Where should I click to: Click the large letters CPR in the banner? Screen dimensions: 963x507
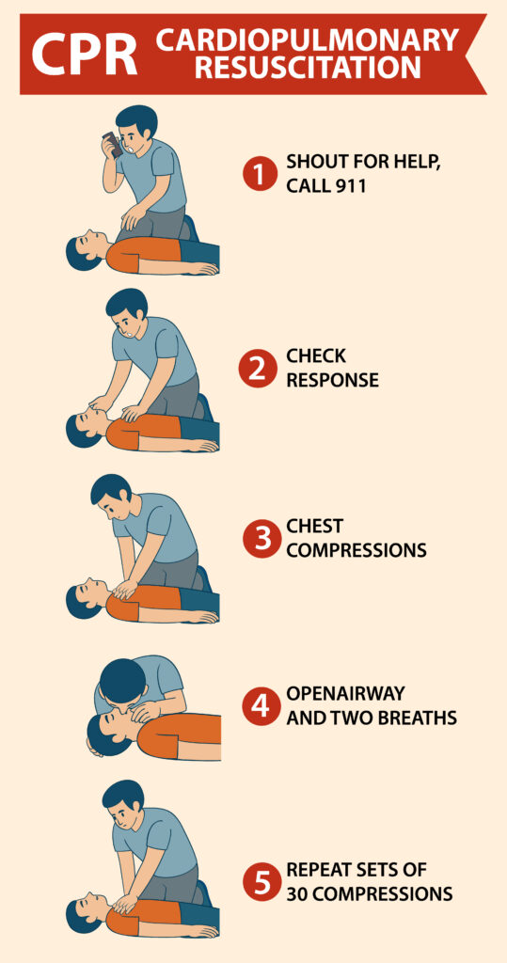(x=85, y=54)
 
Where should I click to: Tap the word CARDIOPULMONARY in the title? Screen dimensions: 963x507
(x=308, y=40)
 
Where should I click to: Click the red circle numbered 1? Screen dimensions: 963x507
(x=258, y=174)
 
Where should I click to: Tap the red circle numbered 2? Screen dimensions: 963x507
(x=258, y=368)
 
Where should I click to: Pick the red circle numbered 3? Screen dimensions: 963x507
(x=258, y=538)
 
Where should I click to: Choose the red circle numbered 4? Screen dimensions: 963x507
(x=258, y=706)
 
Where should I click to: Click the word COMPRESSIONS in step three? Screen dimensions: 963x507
(x=356, y=550)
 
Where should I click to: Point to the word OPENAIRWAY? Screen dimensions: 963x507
(x=345, y=694)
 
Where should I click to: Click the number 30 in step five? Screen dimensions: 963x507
(x=299, y=893)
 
